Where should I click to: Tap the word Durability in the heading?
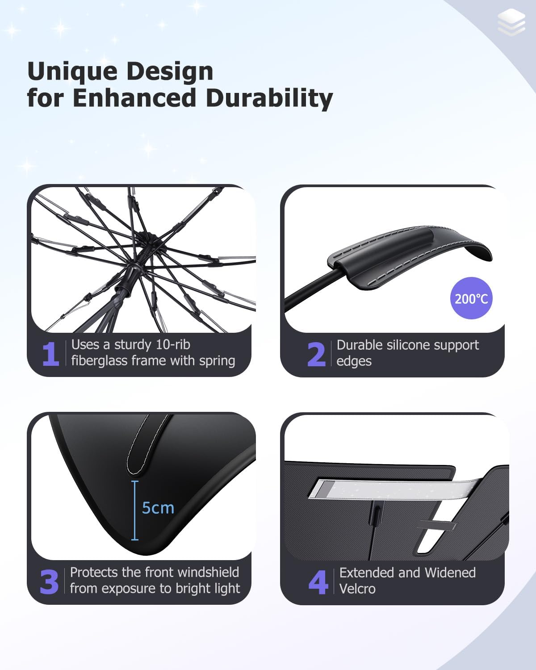(x=269, y=98)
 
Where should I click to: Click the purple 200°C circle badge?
(x=471, y=298)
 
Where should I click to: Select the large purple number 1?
(x=50, y=354)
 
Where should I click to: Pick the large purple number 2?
(x=316, y=355)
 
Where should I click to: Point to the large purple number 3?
(x=49, y=582)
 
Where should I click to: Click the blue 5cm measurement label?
(x=158, y=508)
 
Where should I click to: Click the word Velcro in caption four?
(x=357, y=589)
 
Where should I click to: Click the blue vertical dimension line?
(x=135, y=510)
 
